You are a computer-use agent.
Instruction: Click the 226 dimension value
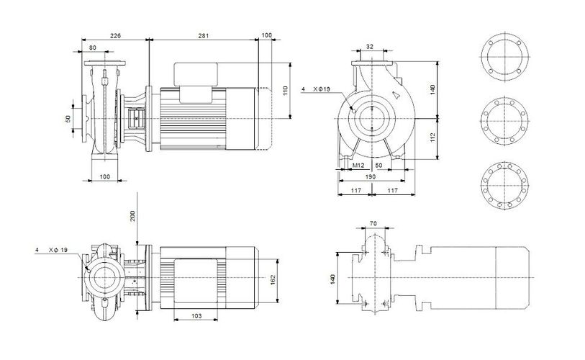115,36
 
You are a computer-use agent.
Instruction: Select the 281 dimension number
204,36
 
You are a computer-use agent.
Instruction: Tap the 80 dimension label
93,48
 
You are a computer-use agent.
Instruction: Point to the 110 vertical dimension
286,91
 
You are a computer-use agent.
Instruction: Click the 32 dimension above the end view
370,47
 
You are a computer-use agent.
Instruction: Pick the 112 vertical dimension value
432,138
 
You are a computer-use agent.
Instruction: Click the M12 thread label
358,165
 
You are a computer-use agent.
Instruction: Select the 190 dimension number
371,176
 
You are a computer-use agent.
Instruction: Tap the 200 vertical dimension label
132,215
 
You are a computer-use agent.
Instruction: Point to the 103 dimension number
196,316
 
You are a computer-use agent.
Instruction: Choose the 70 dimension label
373,224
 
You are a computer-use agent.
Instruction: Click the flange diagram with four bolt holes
505,57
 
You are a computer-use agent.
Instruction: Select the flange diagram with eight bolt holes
504,122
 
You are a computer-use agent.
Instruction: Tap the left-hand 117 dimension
356,191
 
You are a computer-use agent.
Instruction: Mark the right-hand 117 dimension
392,191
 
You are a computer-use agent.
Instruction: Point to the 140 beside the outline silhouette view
332,279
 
